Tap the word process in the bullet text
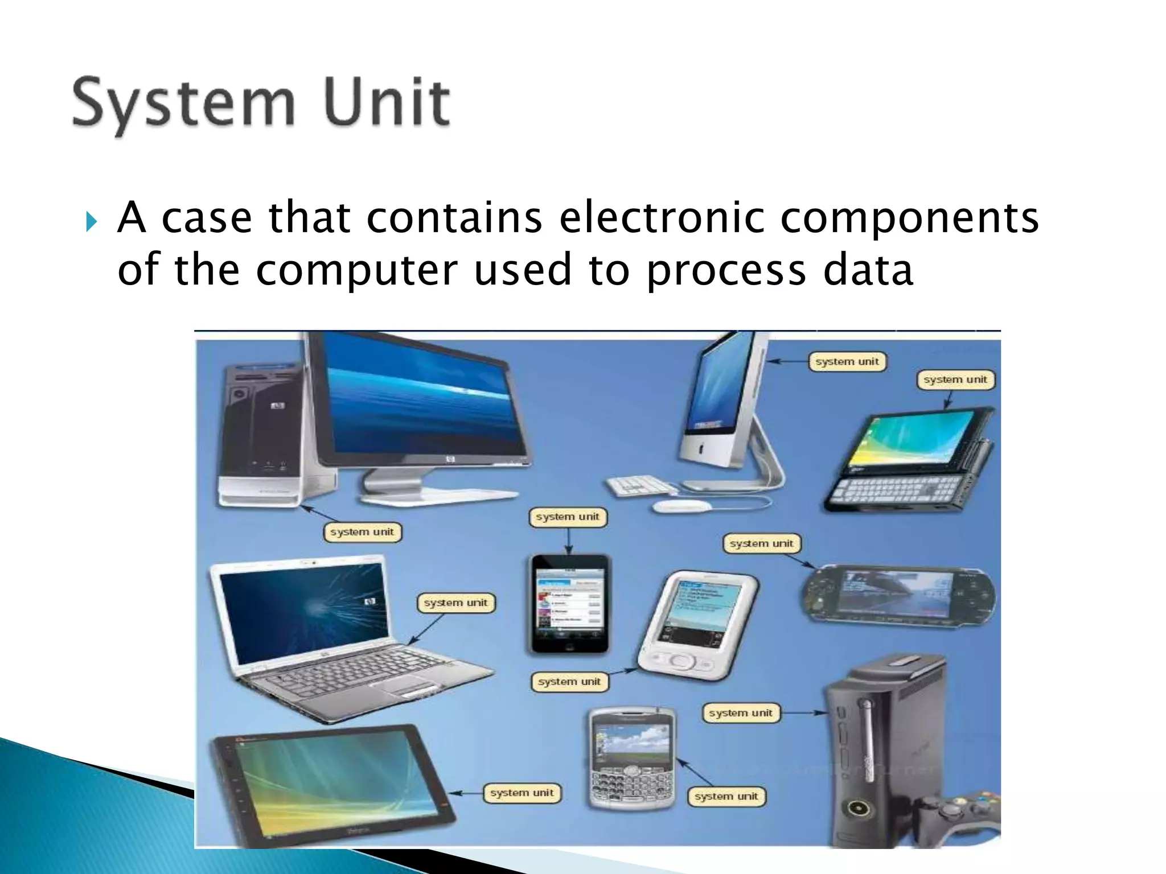[726, 270]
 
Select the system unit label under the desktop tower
[362, 532]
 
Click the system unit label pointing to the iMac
[847, 361]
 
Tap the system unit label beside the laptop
[455, 603]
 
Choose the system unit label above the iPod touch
[568, 517]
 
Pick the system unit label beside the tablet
[522, 793]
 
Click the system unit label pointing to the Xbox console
[740, 713]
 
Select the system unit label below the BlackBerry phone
[726, 797]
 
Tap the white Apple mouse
[681, 506]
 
